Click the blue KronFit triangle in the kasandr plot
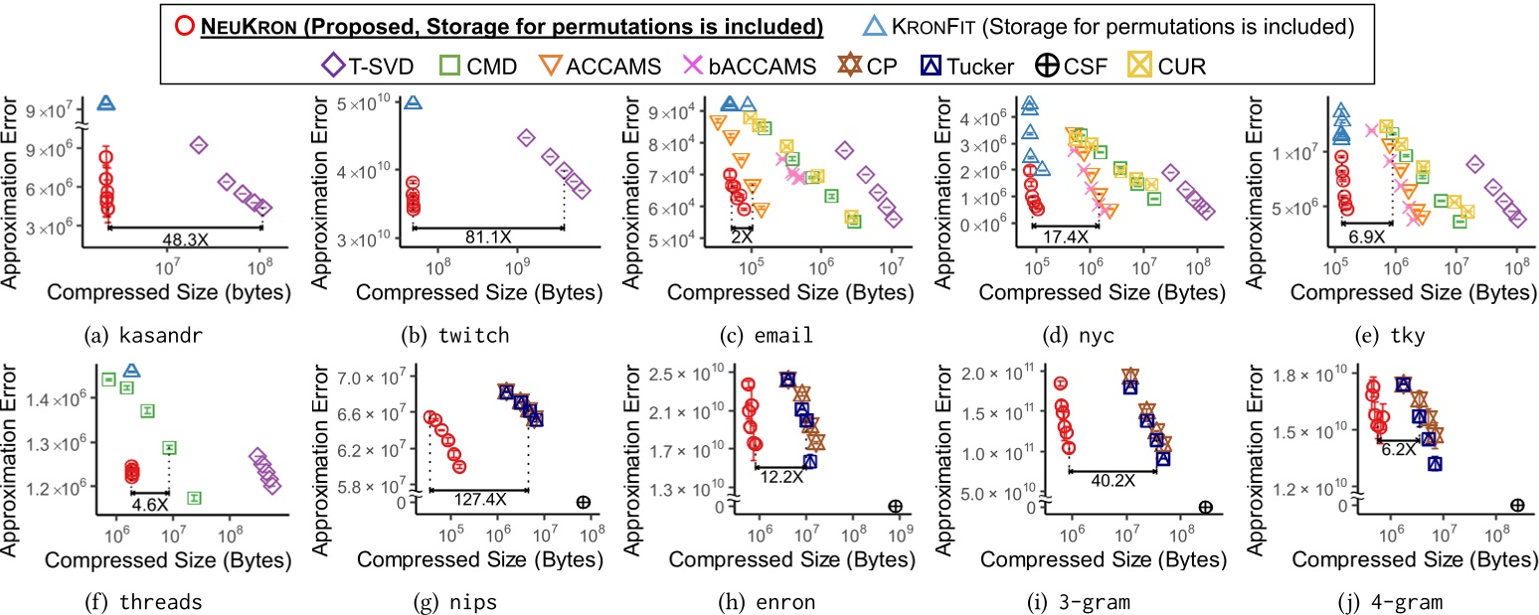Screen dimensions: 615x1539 pyautogui.click(x=105, y=103)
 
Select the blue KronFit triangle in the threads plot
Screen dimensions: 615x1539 pyautogui.click(x=131, y=370)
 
